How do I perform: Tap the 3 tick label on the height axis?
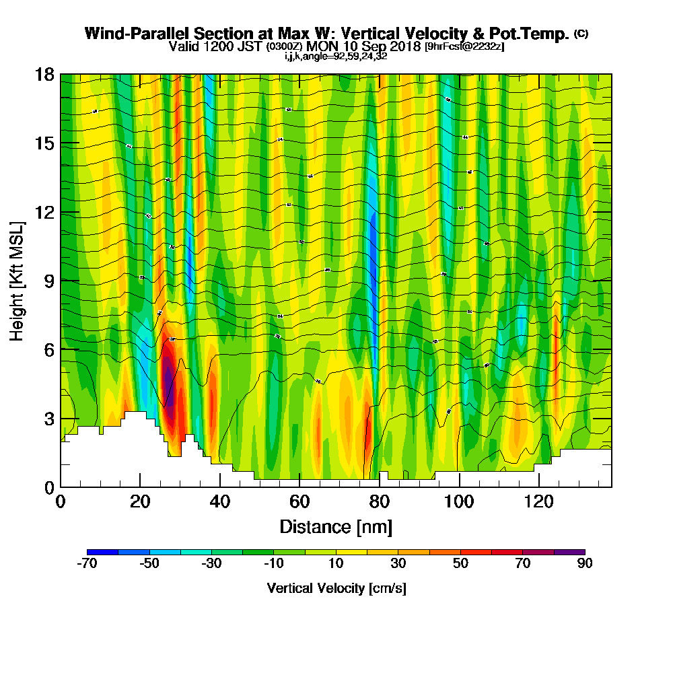click(x=48, y=419)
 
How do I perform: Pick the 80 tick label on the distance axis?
click(x=379, y=503)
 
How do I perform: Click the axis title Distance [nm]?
click(x=336, y=526)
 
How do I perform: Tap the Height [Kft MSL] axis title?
click(x=17, y=280)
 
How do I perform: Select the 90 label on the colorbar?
click(x=585, y=564)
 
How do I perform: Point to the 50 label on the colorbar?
click(x=460, y=564)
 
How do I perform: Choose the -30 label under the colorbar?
click(x=211, y=564)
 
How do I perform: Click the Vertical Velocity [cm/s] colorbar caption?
click(x=336, y=588)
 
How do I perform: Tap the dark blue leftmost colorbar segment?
click(x=102, y=552)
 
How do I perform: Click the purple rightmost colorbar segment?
click(x=569, y=552)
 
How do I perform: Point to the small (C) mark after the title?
click(x=581, y=33)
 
